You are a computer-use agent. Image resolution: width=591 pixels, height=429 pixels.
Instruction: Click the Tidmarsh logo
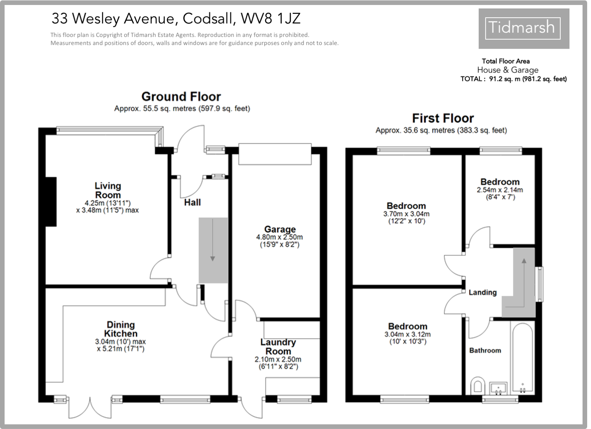(523, 28)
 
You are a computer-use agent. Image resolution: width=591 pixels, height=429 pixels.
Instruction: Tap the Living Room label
(108, 190)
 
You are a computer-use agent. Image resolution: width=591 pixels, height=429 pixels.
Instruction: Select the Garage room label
(280, 230)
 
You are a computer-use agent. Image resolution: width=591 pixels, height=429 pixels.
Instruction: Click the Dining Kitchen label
(121, 329)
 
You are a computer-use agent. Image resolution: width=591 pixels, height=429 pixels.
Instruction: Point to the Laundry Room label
(278, 347)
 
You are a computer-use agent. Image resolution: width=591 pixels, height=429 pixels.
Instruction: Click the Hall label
(192, 202)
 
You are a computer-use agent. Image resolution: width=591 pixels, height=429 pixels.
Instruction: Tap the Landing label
(483, 292)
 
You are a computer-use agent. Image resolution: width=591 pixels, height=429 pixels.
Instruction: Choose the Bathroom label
(485, 350)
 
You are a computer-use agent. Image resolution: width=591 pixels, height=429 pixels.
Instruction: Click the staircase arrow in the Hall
(213, 250)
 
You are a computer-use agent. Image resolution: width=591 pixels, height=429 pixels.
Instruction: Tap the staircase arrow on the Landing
(524, 277)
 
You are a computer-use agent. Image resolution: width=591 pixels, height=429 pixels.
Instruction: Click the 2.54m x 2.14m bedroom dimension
(499, 190)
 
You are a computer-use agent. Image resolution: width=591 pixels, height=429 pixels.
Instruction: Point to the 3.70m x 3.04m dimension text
(406, 214)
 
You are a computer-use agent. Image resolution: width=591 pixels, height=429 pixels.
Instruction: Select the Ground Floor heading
(181, 96)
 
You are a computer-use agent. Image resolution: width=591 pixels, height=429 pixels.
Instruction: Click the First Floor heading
(443, 118)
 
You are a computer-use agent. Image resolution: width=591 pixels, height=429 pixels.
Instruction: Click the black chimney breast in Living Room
(51, 201)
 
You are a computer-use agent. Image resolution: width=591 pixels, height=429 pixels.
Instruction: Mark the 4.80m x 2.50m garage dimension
(280, 237)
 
